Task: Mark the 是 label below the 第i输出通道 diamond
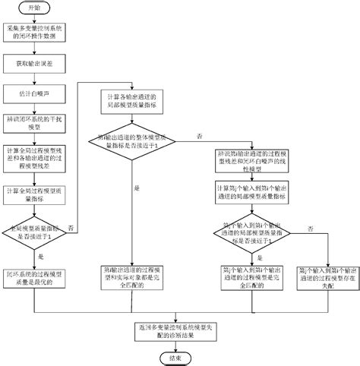pos(137,189)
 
